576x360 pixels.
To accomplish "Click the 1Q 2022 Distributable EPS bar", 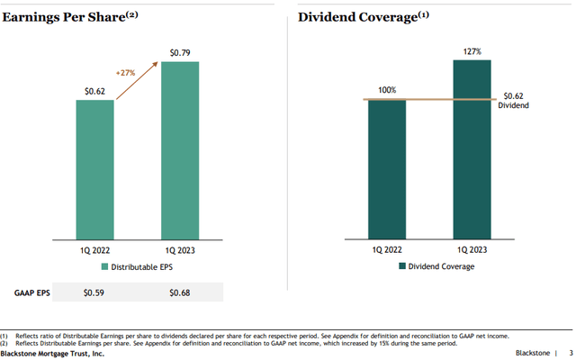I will point(95,168).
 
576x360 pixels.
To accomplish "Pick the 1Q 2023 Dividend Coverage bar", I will point(465,149).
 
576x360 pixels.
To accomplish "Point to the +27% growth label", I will point(126,71).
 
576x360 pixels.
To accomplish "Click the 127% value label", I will point(466,51).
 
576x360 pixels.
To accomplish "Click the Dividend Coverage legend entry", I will point(436,266).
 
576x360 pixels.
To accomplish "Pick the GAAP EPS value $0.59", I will point(94,292).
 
